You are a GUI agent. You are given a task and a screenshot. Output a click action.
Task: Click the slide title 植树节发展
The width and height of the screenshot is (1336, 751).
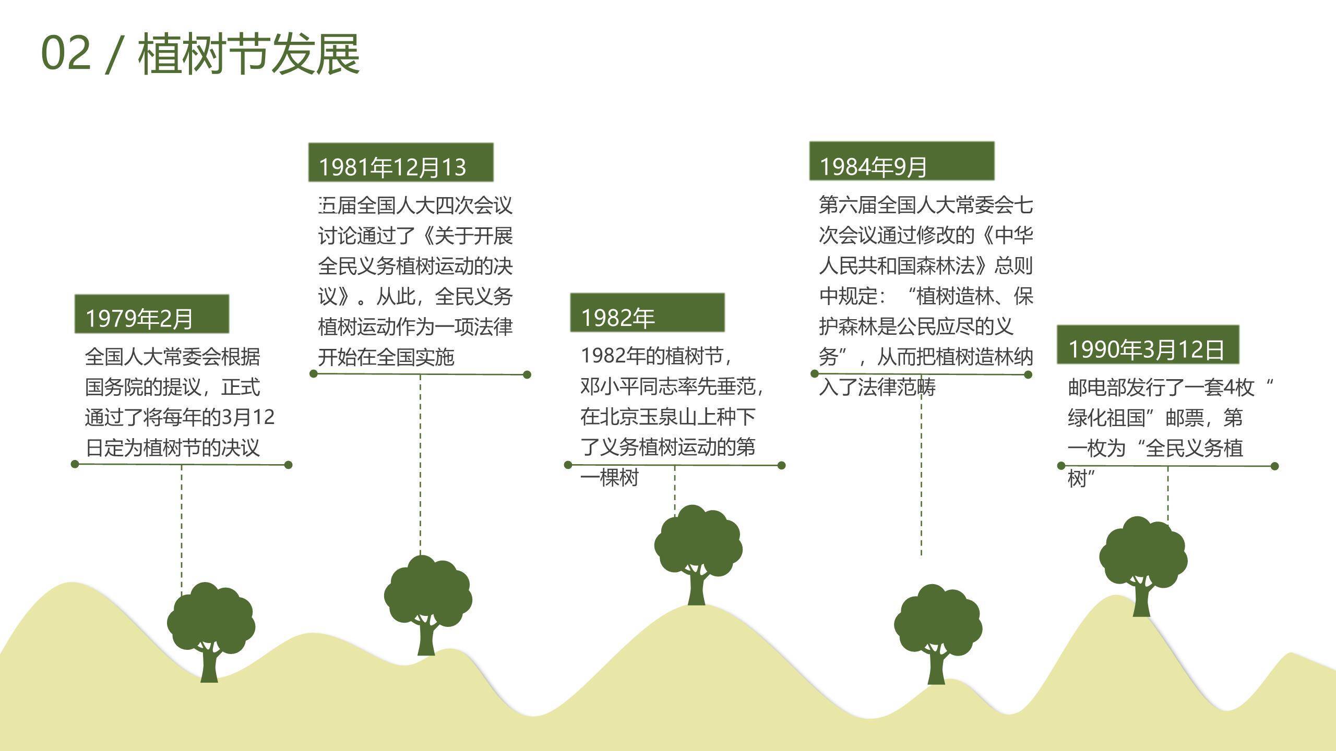coord(248,54)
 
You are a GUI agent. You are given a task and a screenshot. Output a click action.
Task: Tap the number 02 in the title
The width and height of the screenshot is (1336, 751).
coord(66,54)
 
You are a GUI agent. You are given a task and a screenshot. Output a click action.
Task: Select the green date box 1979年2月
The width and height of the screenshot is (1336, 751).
coord(151,314)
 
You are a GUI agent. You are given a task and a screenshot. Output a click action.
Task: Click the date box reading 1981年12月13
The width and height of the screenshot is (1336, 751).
coord(400,163)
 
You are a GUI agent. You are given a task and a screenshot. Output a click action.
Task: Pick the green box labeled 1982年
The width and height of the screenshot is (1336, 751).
coord(647,313)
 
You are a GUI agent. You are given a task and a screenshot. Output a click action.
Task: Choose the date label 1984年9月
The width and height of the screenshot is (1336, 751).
coord(901,161)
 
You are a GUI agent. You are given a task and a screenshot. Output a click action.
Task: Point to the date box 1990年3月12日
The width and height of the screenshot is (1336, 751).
coord(1148,345)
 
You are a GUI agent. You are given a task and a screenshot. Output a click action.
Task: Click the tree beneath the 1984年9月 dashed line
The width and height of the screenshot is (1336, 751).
coord(937,631)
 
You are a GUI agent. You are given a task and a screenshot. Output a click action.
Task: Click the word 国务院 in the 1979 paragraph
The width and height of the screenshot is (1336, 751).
coord(114,387)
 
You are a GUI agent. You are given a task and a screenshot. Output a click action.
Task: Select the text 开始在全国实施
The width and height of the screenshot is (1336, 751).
coord(386,357)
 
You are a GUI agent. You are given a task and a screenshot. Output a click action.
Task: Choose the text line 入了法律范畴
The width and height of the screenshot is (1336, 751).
coord(877,387)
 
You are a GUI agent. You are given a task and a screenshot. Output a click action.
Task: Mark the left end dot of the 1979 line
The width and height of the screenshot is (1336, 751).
coord(75,464)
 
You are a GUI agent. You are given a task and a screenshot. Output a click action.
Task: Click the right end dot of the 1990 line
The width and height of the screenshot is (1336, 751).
coord(1274,466)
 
